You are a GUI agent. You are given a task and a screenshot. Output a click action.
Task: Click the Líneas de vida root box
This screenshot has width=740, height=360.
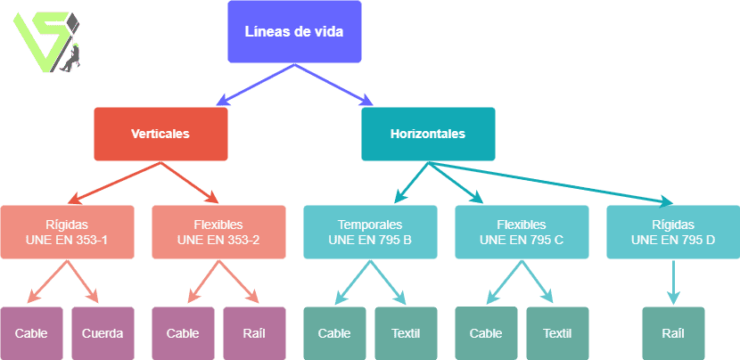(x=294, y=32)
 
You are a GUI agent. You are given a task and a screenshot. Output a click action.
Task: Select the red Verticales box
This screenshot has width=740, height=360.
(x=160, y=134)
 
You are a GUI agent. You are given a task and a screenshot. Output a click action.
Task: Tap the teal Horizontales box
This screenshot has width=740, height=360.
(x=428, y=134)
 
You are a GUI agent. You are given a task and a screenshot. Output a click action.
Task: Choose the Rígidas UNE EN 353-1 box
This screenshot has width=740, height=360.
(x=67, y=232)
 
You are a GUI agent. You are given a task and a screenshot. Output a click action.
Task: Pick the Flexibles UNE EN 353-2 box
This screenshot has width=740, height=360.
(x=218, y=232)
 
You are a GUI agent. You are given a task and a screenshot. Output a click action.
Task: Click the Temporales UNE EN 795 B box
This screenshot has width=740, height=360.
(x=370, y=232)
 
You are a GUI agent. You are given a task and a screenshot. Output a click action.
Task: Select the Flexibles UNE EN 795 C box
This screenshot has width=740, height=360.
(x=522, y=232)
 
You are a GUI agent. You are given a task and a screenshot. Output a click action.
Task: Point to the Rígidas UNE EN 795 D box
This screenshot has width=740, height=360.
(x=673, y=232)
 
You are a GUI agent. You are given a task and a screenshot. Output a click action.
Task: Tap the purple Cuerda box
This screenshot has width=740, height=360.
(x=103, y=333)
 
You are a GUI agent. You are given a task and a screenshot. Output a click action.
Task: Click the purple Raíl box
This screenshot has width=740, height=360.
(x=254, y=333)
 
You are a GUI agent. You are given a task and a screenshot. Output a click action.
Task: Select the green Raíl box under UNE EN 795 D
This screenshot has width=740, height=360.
(x=673, y=333)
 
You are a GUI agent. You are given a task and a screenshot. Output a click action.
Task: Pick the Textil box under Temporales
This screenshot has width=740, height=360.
(x=406, y=333)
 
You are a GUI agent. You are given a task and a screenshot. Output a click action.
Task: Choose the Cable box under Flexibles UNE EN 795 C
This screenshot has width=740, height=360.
(x=486, y=333)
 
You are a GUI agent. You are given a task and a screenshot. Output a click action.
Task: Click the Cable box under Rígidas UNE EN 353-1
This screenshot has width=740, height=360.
(x=31, y=333)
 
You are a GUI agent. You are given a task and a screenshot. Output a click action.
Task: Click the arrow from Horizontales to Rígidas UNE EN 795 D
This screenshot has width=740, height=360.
(x=553, y=184)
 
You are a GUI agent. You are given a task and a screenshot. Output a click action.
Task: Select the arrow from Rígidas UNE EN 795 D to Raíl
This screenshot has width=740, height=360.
(x=673, y=282)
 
